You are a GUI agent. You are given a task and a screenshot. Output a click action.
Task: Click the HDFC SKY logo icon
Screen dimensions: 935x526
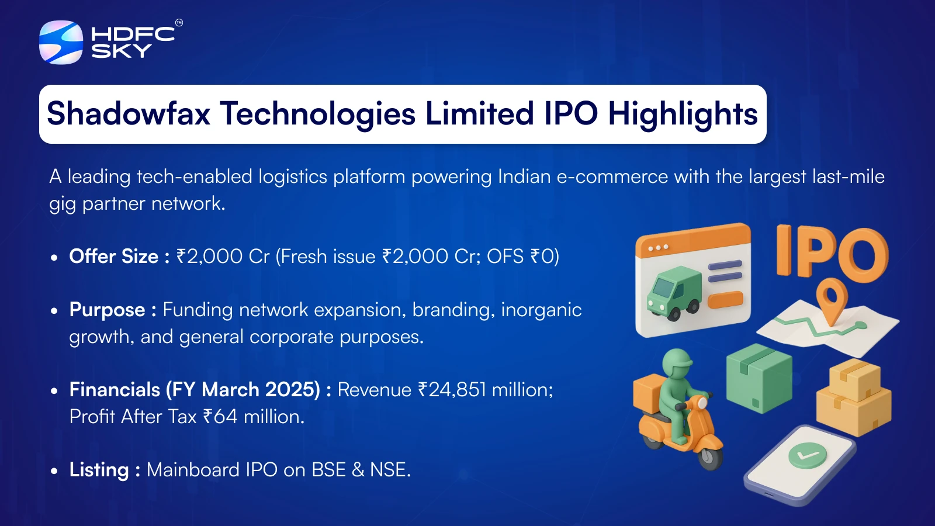pos(61,43)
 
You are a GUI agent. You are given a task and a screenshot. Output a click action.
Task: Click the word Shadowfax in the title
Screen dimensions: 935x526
pos(128,113)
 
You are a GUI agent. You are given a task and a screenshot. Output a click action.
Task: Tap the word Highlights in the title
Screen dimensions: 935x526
pos(683,114)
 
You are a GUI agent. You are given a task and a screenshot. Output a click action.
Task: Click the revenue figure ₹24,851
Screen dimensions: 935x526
pos(452,390)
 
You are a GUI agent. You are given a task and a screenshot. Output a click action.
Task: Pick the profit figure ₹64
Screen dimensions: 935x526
pos(220,417)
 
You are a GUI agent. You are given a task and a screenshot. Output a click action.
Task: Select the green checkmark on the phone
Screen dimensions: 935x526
pos(807,455)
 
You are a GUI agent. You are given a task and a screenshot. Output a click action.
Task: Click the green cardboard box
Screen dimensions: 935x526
pos(759,378)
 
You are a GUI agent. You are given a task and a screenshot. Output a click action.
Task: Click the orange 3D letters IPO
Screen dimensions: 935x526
pos(832,253)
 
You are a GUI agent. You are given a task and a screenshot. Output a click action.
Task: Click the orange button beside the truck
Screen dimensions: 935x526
pos(725,299)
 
